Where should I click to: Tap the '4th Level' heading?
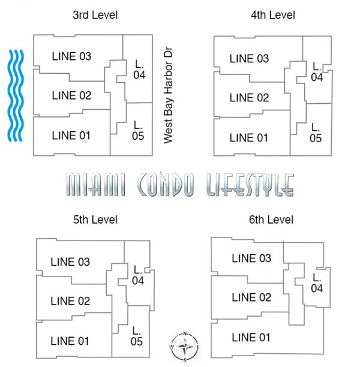pos(273,15)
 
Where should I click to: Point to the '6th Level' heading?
pos(272,220)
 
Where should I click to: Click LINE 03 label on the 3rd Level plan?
pos(71,57)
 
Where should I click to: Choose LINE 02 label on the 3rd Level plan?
pos(71,95)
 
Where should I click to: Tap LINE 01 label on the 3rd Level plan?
pos(71,136)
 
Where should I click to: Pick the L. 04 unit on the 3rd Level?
pos(139,70)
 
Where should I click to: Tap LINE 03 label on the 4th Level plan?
pos(249,59)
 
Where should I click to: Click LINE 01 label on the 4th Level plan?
pos(249,138)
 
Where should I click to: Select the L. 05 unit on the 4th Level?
pos(316,133)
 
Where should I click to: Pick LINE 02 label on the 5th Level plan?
pos(70,301)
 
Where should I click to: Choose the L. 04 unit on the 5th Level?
pos(139,275)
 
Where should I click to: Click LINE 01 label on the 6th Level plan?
pos(251,338)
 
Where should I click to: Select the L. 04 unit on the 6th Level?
pos(317,284)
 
